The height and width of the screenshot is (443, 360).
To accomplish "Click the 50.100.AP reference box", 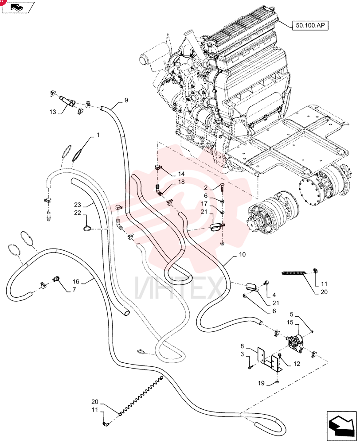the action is (310, 25).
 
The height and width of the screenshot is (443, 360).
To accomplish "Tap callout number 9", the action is (126, 100).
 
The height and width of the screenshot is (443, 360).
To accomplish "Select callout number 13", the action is (53, 112).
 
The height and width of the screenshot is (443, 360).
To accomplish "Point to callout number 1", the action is (98, 135).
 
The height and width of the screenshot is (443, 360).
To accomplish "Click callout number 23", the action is (78, 205).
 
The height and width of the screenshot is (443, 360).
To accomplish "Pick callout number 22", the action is (78, 213).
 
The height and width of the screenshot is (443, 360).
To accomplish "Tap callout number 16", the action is (76, 282).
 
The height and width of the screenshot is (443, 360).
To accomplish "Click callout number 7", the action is (74, 290).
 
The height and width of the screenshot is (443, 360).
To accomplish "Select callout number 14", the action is (181, 174).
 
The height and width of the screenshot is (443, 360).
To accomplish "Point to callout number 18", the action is (181, 182).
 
